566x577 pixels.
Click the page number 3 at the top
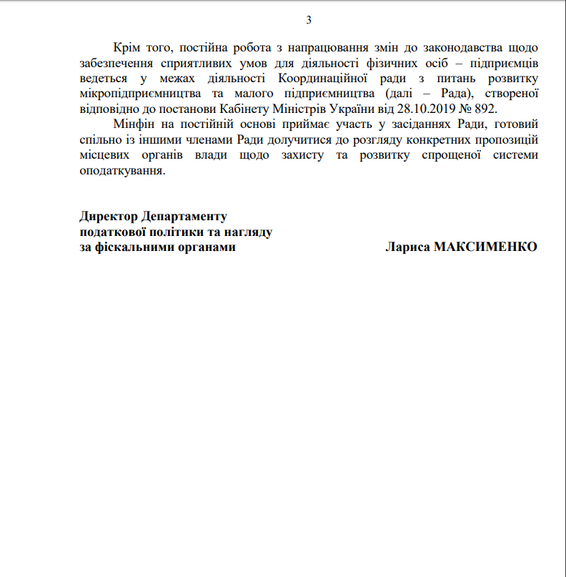[309, 20]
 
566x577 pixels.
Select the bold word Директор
[109, 216]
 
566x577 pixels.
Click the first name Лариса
[407, 247]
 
